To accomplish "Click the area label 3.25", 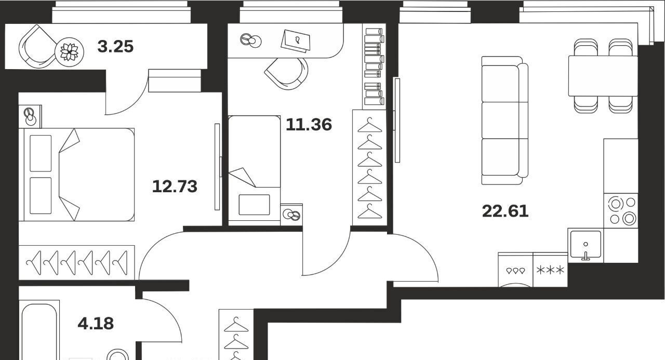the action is tap(115, 47).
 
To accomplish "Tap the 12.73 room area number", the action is tap(175, 186).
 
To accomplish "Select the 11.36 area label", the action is tap(309, 125).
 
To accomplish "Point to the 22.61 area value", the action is tap(505, 211).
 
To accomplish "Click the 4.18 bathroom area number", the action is tap(96, 324).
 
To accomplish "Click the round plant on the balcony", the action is tap(69, 52).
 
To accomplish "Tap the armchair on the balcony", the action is tap(37, 47).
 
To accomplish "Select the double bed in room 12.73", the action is tap(76, 175).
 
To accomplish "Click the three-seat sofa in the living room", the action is tap(504, 121).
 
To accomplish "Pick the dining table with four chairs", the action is tap(603, 76).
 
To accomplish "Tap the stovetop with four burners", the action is tap(621, 211).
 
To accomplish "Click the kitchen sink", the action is tap(586, 245).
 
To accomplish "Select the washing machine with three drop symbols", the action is tap(515, 270).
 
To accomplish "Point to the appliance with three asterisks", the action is tap(550, 270).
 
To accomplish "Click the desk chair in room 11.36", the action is tap(286, 73).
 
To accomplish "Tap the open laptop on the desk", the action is tap(296, 41).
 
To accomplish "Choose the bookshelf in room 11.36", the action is tap(374, 66).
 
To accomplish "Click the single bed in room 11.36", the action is tap(255, 169).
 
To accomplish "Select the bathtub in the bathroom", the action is tap(39, 330).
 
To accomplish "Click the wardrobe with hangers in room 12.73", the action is tap(76, 263).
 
